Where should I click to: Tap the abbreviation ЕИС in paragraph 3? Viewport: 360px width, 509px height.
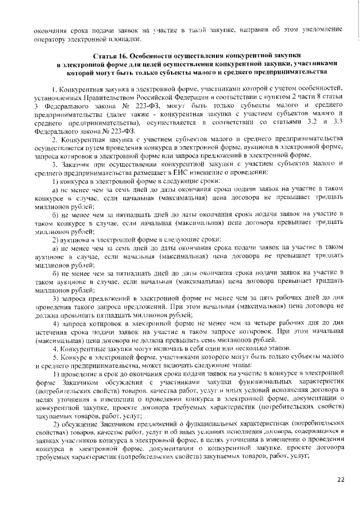tap(181, 172)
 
